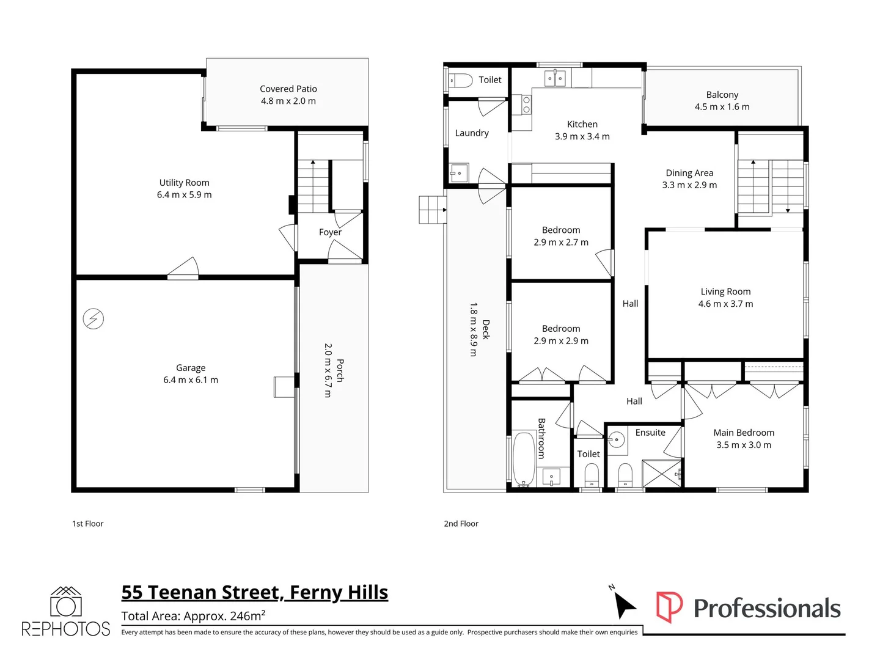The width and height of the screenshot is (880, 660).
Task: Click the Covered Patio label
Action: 288,89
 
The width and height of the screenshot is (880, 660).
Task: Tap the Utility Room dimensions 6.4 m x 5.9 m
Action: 184,195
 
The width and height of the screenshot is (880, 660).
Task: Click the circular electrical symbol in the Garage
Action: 94,319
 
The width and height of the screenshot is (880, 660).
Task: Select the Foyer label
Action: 330,232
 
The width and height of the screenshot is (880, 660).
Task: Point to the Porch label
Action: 340,370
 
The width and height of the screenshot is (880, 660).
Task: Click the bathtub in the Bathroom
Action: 523,459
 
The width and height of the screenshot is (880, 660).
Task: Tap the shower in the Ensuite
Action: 661,474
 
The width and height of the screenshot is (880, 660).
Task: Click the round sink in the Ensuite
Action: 617,439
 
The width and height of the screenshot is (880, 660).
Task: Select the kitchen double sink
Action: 555,78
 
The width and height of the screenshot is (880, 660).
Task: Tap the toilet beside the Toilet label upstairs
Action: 461,80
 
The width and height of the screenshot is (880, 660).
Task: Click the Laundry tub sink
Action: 458,173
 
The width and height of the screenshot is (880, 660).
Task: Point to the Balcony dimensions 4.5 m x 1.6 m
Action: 722,107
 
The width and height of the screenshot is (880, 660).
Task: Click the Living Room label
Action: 725,291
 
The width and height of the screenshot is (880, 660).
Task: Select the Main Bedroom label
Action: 744,433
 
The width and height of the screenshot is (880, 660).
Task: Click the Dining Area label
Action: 689,173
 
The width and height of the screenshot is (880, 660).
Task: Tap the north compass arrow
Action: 625,606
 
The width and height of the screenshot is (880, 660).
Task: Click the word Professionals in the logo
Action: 767,609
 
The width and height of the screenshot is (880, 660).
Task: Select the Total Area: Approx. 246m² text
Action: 193,616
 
